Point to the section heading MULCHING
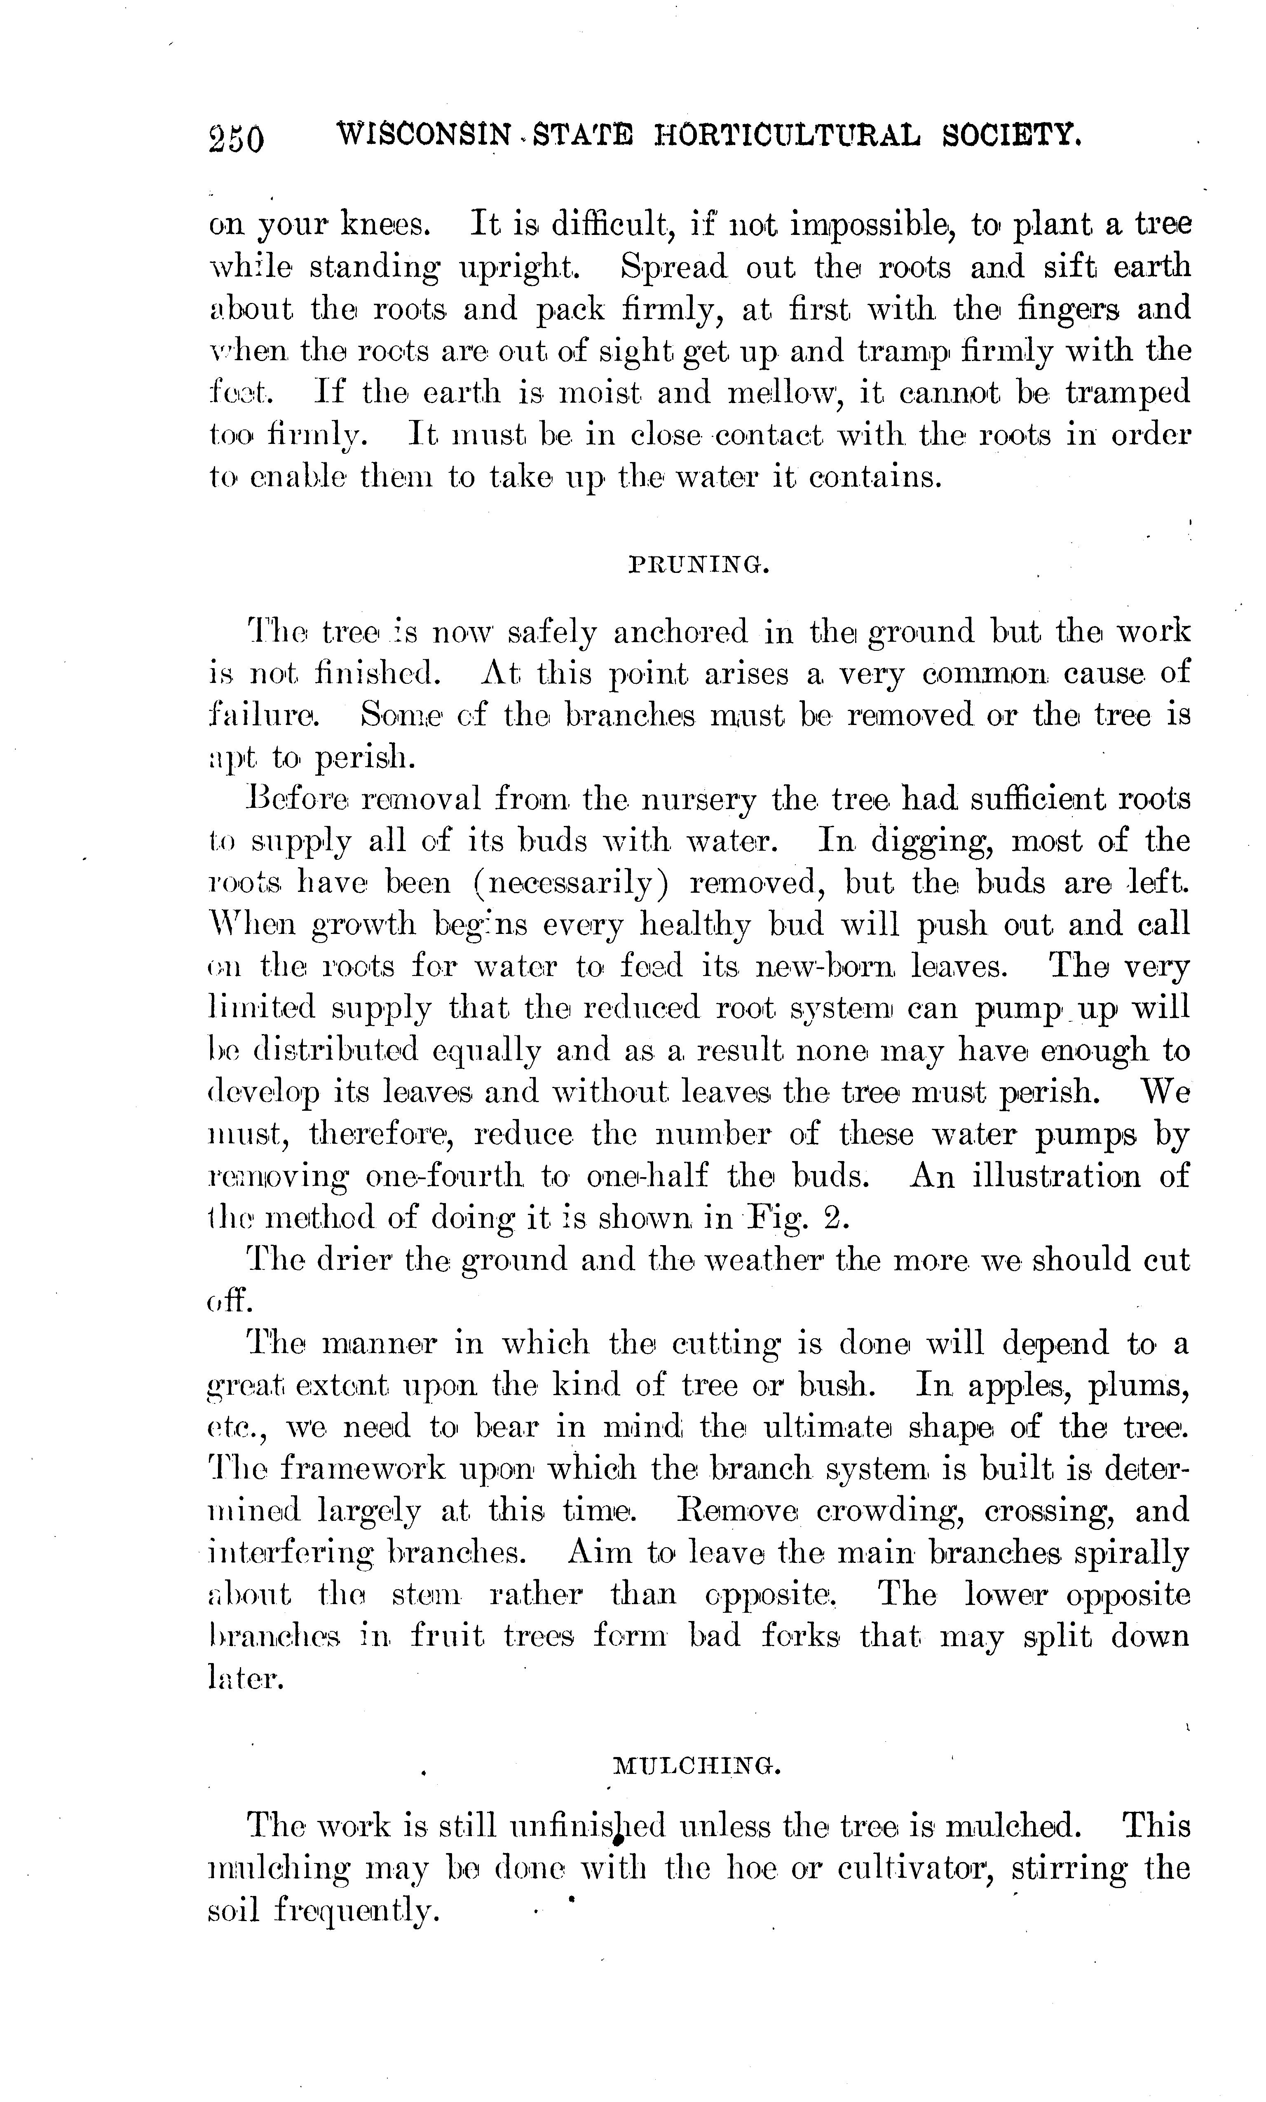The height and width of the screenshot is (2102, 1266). [x=698, y=1765]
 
